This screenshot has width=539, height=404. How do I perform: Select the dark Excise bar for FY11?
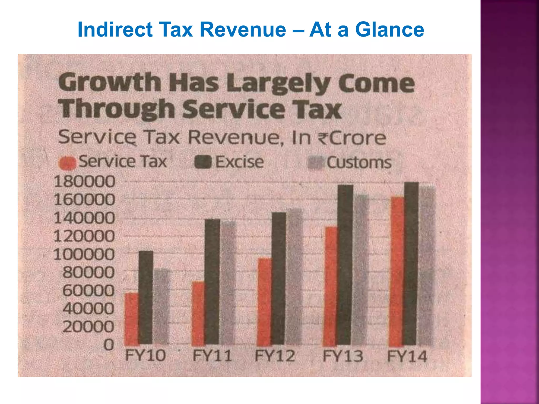point(212,281)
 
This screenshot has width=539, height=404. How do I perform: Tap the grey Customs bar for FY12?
point(294,276)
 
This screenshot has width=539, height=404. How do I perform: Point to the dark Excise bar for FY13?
point(345,265)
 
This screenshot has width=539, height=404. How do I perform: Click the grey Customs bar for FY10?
point(161,306)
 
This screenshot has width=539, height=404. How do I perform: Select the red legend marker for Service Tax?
point(67,163)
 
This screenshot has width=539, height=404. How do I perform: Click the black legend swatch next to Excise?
point(203,162)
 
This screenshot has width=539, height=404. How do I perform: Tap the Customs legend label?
point(359,163)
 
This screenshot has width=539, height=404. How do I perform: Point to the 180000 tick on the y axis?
point(84,181)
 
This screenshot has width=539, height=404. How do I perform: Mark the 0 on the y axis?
point(109,345)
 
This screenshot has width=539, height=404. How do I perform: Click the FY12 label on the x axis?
point(275,356)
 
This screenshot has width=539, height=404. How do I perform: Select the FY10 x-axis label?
point(145,356)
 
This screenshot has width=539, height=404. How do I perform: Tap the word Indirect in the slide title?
point(115,29)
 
